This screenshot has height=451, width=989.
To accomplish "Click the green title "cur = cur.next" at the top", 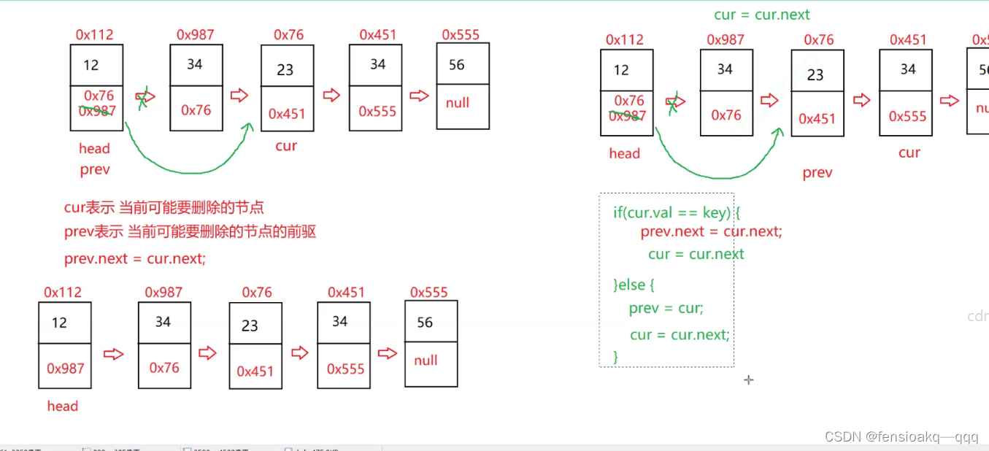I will tap(761, 15).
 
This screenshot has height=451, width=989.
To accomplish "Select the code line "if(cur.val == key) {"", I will tap(677, 212).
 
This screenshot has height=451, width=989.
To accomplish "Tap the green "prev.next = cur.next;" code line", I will tap(711, 231).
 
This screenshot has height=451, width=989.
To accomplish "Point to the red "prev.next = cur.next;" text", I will tap(135, 258).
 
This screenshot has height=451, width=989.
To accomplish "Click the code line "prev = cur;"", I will tap(666, 308).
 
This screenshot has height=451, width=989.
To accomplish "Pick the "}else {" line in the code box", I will tap(634, 285).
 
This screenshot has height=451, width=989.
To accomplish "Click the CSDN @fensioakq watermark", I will tap(901, 436).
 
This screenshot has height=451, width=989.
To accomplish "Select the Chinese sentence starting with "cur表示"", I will tap(163, 207).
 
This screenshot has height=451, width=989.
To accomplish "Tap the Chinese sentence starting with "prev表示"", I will tap(190, 232).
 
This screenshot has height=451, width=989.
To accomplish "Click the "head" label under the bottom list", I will tap(62, 406).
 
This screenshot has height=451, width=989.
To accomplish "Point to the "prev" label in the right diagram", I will tap(817, 173).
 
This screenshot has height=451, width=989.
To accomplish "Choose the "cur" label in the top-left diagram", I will tap(286, 146).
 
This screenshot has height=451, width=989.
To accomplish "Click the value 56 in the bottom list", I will tap(425, 323).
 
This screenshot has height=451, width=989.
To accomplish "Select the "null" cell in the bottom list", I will tap(426, 361).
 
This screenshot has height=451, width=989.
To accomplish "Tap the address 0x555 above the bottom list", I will tap(428, 292).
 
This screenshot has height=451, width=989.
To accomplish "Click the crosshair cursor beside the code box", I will tap(748, 379).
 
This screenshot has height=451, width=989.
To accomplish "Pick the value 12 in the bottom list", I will tap(59, 323).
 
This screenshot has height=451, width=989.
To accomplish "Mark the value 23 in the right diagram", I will tap(815, 74).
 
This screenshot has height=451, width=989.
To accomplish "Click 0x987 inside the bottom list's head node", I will tap(66, 369).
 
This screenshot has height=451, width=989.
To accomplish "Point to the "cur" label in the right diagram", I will tap(909, 153).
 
